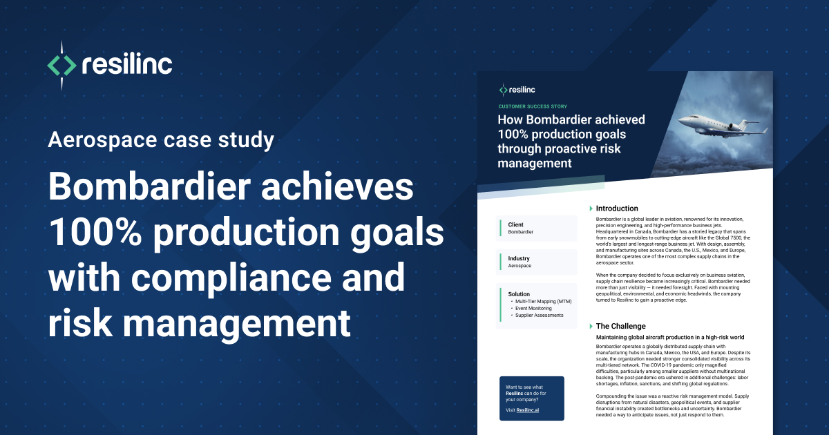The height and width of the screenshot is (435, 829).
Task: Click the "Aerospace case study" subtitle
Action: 161,141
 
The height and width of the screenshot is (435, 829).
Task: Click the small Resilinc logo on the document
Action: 504,90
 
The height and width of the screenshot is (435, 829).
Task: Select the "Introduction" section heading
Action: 617,209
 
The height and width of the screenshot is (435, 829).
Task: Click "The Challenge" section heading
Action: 620,326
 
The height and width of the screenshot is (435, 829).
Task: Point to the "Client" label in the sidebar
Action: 515,224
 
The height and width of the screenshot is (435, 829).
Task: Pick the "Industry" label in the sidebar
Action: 519,258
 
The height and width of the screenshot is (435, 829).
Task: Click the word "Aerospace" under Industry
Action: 520,266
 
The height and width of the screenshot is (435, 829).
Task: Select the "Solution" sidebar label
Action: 519,293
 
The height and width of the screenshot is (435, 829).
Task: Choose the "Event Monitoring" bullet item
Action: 533,309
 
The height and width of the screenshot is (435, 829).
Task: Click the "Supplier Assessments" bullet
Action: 539,316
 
